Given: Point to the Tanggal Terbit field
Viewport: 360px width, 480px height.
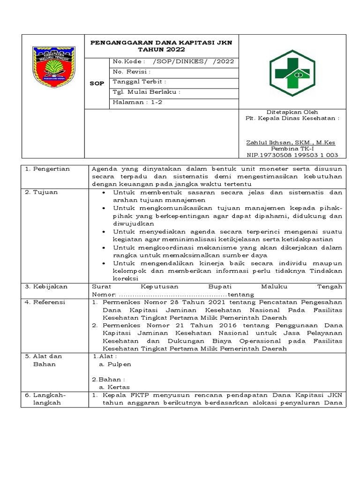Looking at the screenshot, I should (139, 82).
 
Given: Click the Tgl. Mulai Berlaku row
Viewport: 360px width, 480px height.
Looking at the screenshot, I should (147, 92).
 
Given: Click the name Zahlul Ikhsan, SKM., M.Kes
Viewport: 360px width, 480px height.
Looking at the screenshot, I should (291, 142).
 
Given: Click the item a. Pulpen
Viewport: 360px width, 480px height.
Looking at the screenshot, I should (114, 364).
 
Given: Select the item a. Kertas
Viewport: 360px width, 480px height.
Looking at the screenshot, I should (114, 387).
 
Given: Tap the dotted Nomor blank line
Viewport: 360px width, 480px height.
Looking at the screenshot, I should (172, 294).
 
